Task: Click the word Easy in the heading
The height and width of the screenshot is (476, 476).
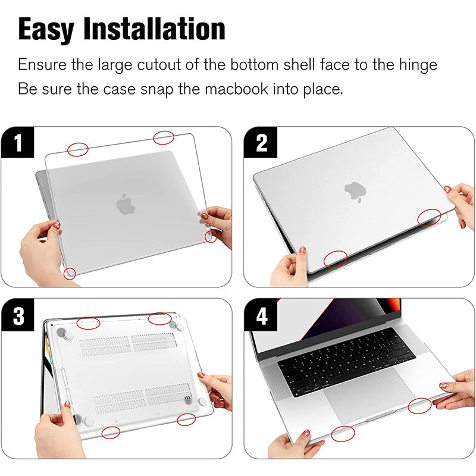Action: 46,29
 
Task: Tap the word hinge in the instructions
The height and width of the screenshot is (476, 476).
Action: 418,65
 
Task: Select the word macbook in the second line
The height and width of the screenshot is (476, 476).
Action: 236,89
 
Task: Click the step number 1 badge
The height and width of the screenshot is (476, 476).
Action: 18,143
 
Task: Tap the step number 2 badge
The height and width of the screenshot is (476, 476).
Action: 261,143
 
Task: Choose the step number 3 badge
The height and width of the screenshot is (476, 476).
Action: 18,315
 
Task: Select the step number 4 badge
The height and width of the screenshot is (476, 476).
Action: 261,315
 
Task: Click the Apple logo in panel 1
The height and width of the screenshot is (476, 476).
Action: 126,204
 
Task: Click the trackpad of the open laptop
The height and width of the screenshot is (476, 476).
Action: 368,394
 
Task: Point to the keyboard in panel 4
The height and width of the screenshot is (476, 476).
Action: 346,361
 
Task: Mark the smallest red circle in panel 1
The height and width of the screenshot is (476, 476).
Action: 211,236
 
